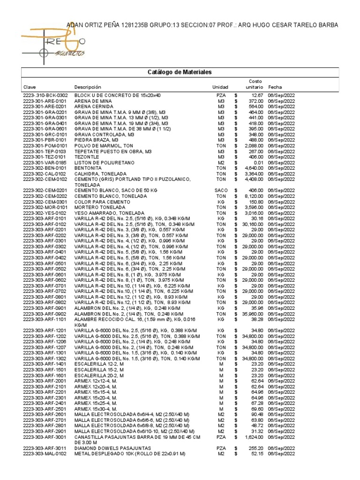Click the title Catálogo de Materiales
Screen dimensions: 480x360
[180, 72]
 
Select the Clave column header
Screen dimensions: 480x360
[29, 88]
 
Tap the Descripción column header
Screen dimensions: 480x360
[88, 88]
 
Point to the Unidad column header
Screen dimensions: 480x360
[220, 88]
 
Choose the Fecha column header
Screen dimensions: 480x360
[275, 88]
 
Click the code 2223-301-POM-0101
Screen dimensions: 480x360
[45, 146]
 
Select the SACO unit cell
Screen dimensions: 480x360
[221, 190]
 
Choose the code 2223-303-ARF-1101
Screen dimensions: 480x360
[45, 319]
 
